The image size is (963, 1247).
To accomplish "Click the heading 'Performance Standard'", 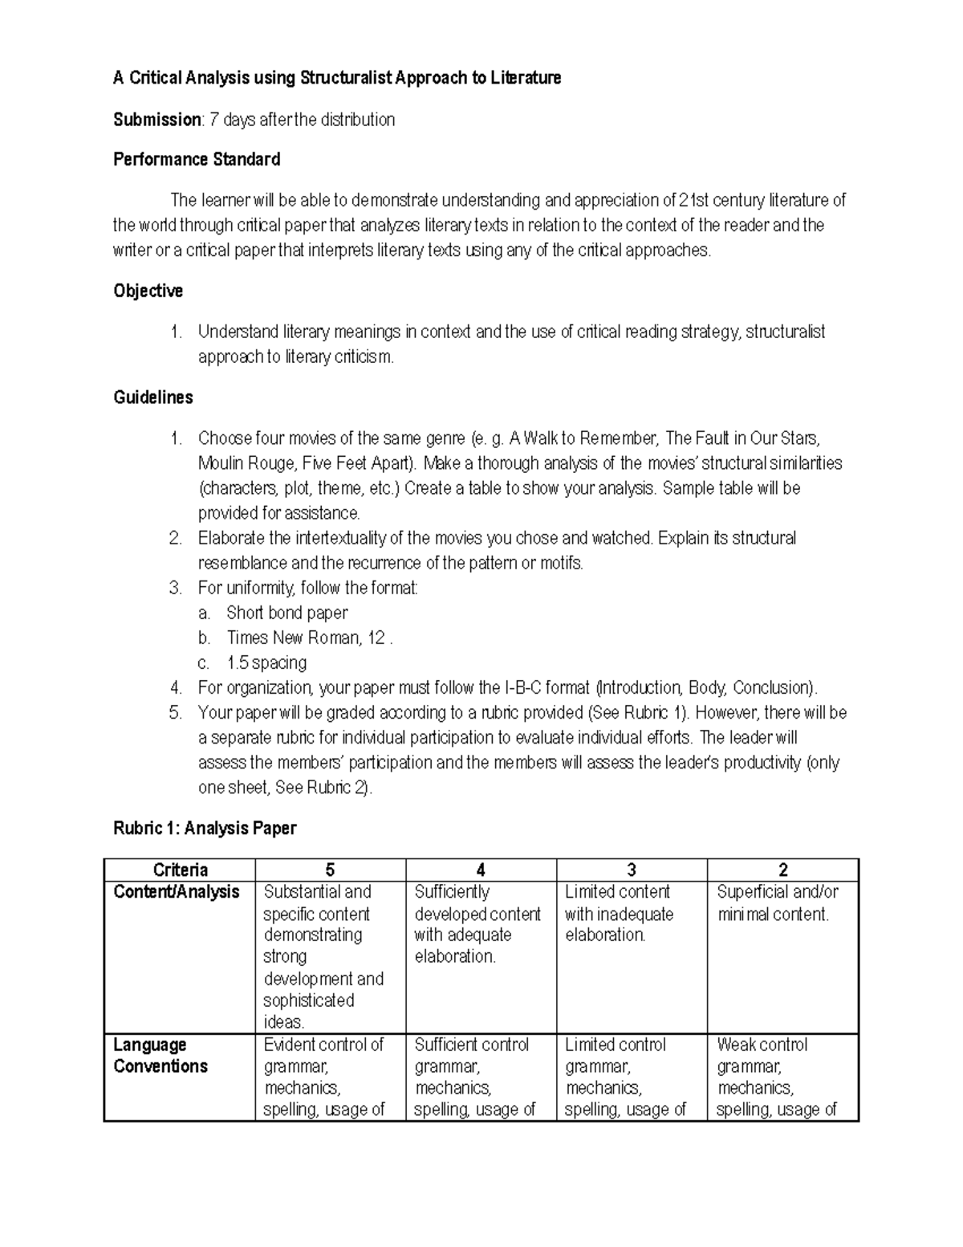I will click(x=197, y=160).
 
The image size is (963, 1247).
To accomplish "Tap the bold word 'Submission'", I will click(x=157, y=120).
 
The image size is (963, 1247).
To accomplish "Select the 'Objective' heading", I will click(x=148, y=291).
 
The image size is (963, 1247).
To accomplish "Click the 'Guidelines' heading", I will click(x=152, y=397).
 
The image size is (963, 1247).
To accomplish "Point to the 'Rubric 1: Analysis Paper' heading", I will click(x=205, y=828).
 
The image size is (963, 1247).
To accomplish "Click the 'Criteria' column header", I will click(x=180, y=870).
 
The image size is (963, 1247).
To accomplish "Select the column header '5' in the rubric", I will click(x=330, y=870).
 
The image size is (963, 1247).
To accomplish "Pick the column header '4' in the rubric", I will click(x=481, y=870).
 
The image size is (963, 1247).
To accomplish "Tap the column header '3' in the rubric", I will click(x=632, y=870).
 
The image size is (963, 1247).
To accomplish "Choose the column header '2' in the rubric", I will click(x=782, y=870).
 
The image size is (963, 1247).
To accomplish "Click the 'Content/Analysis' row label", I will click(x=177, y=892).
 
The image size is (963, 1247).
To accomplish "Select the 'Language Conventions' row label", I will click(x=160, y=1056).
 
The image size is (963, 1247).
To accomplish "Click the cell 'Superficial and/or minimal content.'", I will click(x=776, y=903).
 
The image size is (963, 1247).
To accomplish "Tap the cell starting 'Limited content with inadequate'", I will click(x=619, y=914).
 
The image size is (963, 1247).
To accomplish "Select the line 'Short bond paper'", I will click(x=286, y=613).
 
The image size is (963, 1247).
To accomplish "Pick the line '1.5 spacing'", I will click(x=266, y=662).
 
